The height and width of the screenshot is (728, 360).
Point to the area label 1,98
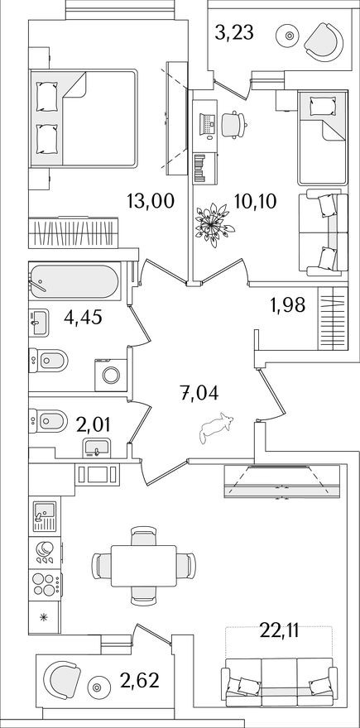pos(287,304)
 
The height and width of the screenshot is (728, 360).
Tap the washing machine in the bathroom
pos(109,374)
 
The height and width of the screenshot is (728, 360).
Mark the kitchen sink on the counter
pos(42,518)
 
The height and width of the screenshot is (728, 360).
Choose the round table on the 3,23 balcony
pos(288,36)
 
